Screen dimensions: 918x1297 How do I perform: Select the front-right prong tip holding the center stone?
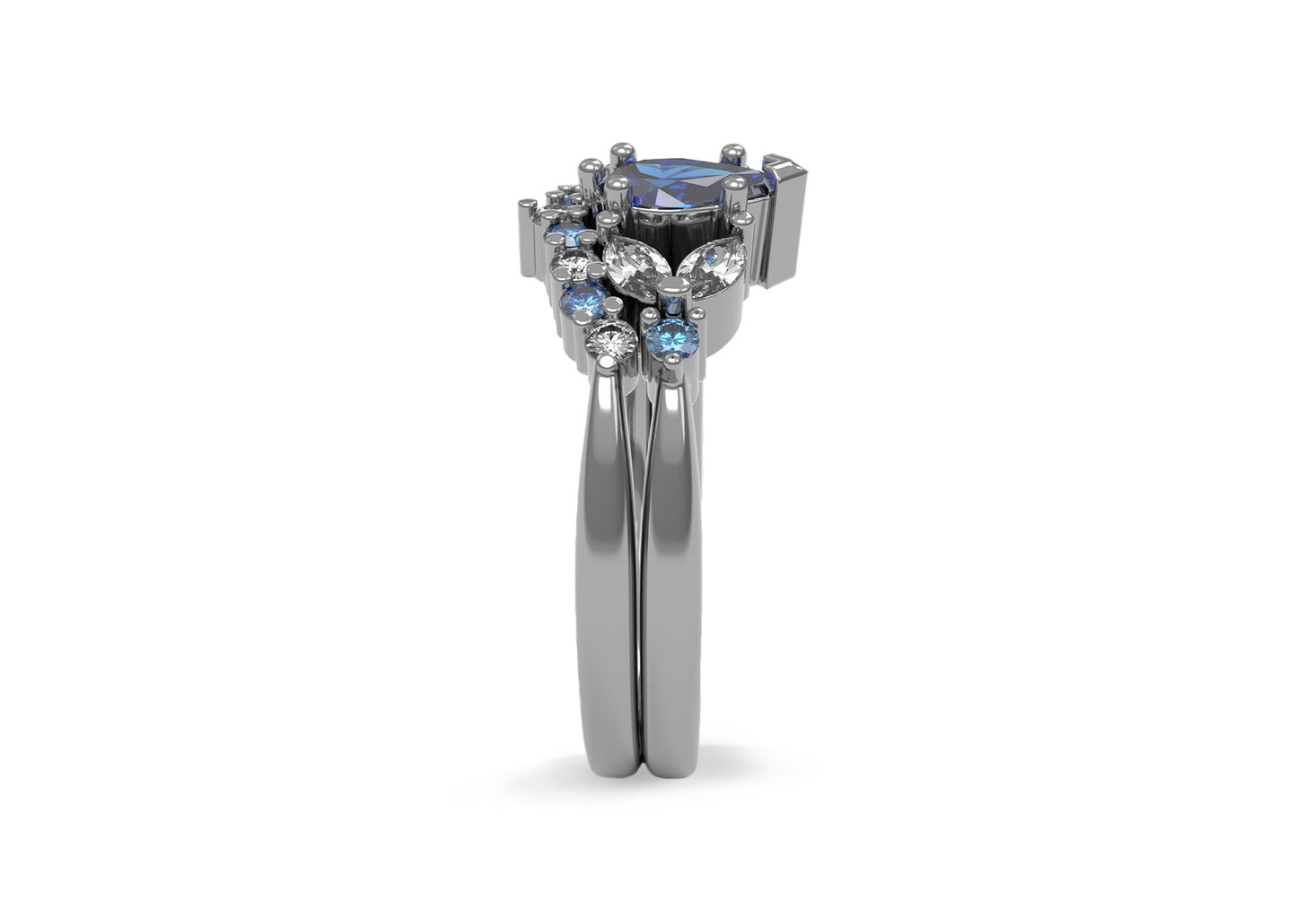click(x=734, y=184)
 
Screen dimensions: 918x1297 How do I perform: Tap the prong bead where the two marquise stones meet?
click(x=673, y=285)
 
